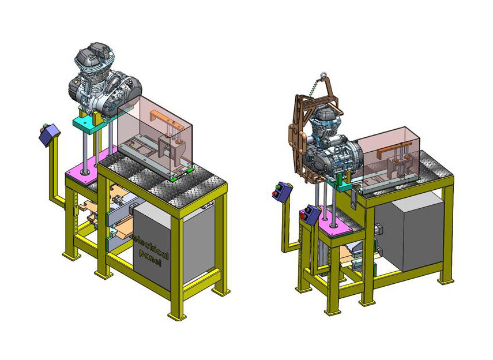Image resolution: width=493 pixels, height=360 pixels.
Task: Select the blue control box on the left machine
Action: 49,134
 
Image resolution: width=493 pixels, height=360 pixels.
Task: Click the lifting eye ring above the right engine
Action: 323,76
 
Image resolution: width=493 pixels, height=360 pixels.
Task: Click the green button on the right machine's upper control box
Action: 277,188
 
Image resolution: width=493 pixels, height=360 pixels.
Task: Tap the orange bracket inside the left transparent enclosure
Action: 165,117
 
